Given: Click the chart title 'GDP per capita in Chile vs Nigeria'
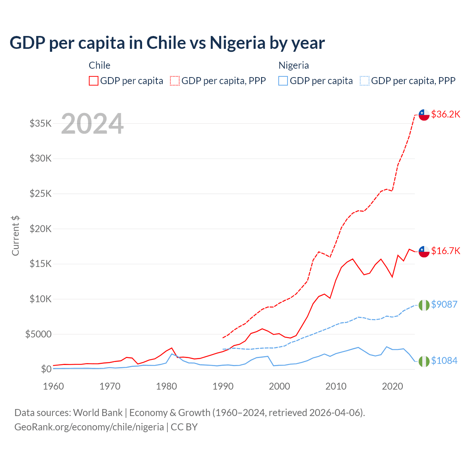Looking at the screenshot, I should pos(167,43).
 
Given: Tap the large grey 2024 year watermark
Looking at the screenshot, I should pos(92,124).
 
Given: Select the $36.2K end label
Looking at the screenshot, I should pos(445,114).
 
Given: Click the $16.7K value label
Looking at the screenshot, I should pos(445,251).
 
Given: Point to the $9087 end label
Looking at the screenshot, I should pos(444,304).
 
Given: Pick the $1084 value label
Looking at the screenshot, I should pos(444,361).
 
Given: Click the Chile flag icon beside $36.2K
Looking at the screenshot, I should pos(424,115).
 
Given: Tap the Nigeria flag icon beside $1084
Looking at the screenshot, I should pos(424,361).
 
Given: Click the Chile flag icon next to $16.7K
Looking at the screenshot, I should pos(424,252).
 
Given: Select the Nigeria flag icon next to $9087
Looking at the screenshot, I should pos(424,305).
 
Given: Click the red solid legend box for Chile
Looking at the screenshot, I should pos(94,81).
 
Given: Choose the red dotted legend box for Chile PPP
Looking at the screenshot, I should pos(175,81).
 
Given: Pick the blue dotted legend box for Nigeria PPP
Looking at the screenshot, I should pos(365,81).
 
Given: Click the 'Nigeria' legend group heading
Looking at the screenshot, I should pos(293,65).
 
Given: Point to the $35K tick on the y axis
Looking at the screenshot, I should pos(40,123).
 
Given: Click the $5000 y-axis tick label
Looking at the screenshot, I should pos(38,334).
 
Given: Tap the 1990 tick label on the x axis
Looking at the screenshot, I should pos(223,386).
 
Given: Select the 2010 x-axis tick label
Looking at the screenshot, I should pos(336,386).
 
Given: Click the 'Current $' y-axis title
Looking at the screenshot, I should pos(15,236).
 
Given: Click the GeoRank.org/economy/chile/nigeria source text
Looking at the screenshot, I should pos(89,427).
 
